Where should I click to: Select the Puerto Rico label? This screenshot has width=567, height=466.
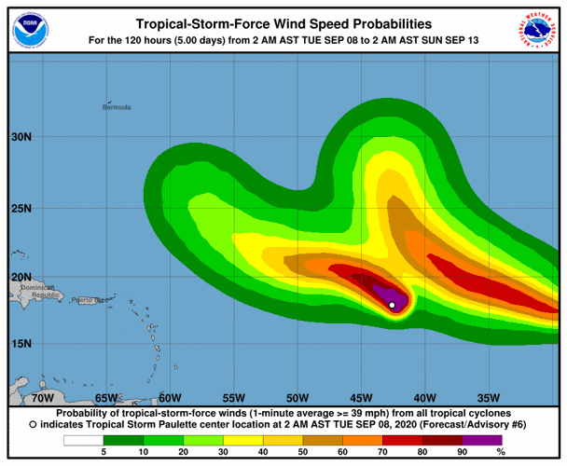tap(86, 300)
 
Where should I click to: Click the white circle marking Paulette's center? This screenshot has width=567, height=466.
tap(393, 305)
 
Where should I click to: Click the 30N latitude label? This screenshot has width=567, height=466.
tap(21, 137)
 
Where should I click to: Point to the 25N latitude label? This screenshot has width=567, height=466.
tap(21, 207)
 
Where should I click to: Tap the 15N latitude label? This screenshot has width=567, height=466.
tap(21, 344)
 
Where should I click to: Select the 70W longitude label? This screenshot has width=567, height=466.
tap(41, 396)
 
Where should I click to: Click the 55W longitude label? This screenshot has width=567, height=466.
tap(233, 396)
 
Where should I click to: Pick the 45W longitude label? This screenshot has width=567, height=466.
tap(361, 396)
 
